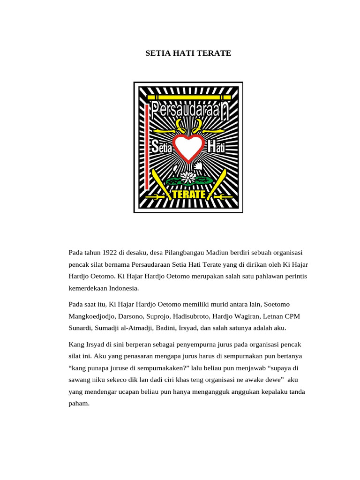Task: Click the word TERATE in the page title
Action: [215, 53]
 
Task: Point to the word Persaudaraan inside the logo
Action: [187, 111]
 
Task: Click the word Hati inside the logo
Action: [216, 146]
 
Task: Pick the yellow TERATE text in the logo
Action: [188, 194]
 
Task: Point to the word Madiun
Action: [217, 253]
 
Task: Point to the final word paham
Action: [79, 403]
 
